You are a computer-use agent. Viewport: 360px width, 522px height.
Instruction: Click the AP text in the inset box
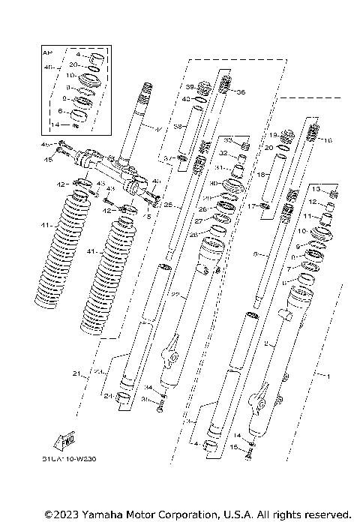point(46,53)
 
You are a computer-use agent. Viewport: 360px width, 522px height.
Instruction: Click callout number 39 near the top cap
point(190,86)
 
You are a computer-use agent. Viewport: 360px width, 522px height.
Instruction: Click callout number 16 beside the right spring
point(327,140)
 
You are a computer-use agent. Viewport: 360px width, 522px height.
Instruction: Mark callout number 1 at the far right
point(323,372)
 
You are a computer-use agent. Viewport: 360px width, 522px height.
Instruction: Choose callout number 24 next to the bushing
point(108,395)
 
